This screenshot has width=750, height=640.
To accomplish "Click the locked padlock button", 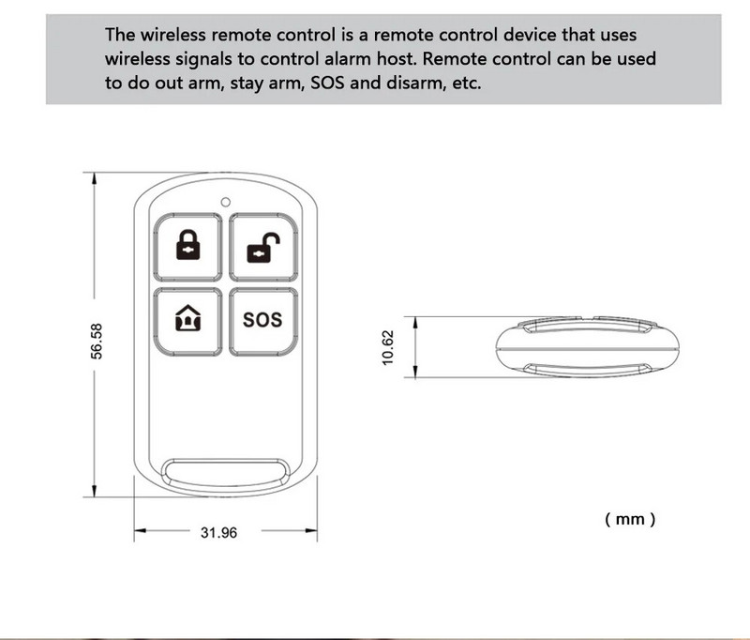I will pos(188,247).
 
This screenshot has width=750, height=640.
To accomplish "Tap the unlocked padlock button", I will pos(262,247).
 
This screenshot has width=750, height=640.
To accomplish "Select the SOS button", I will pos(262,320).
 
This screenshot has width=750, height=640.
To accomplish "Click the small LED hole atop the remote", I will pos(226,201).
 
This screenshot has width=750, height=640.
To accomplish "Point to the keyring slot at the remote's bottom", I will pos(225,472).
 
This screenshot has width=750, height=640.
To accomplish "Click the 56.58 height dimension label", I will pos(96,339).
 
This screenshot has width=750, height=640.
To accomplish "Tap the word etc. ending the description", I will pos(466,83).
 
